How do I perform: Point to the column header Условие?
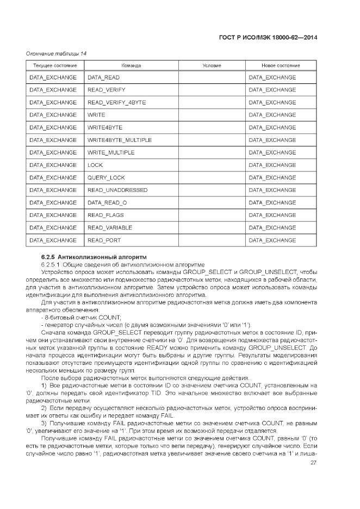pos(212,65)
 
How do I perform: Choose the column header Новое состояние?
pos(281,65)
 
